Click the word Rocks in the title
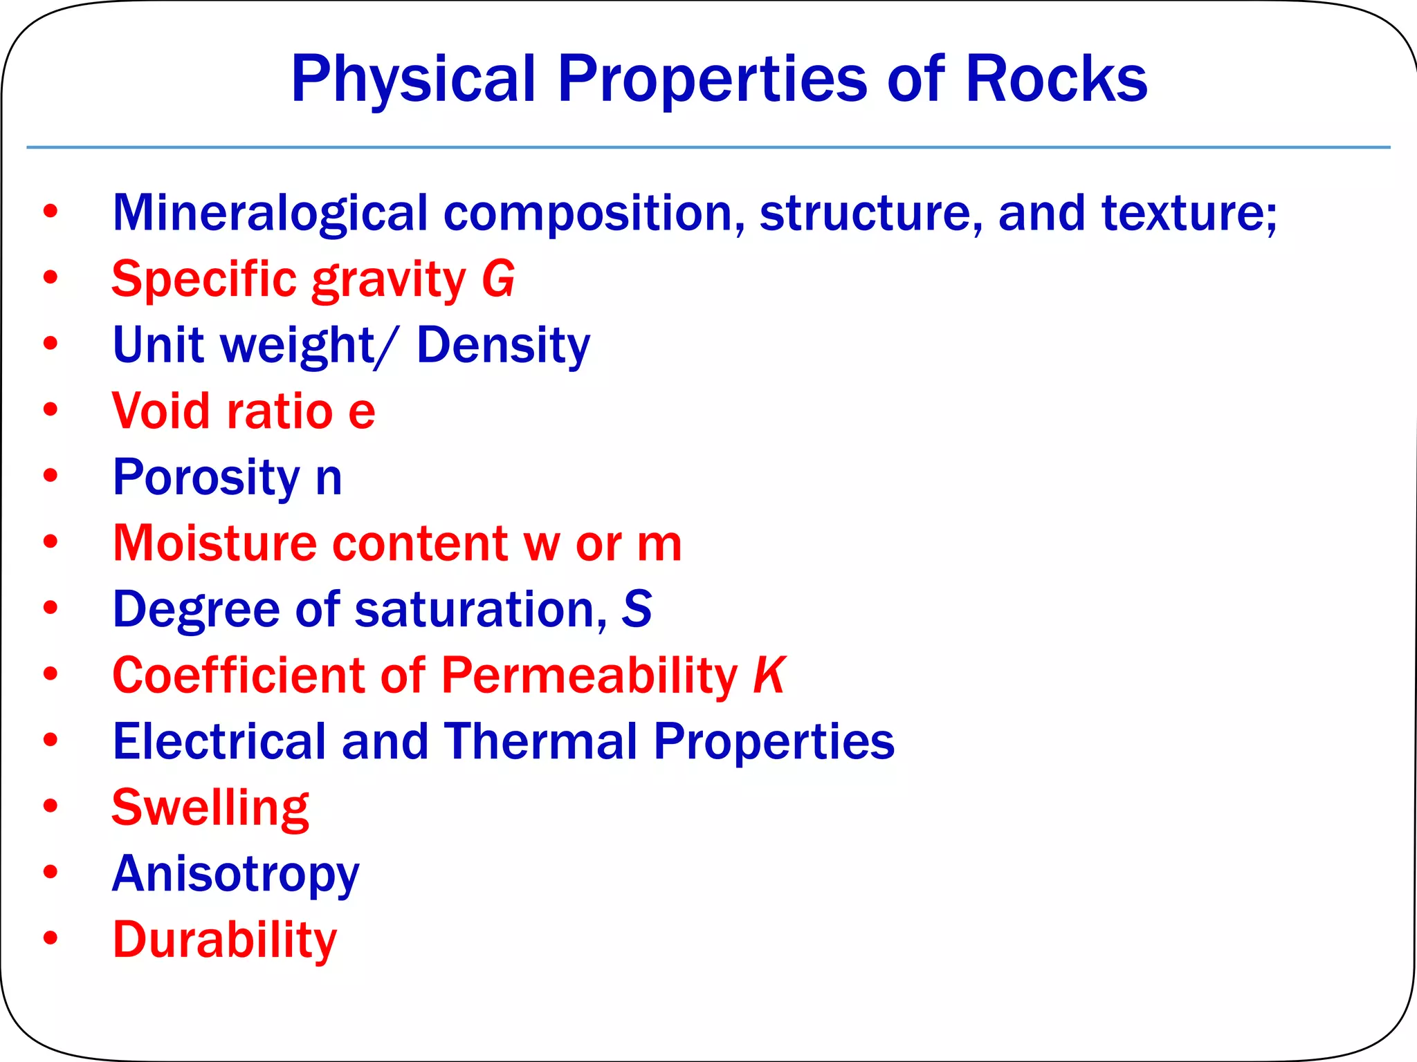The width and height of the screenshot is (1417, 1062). click(x=1056, y=79)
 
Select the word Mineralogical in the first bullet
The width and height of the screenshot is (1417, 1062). click(x=270, y=213)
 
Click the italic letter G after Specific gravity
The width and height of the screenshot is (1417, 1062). click(x=498, y=279)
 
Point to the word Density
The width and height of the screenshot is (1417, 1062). click(x=503, y=345)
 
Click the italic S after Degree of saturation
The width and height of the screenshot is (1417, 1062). click(x=637, y=609)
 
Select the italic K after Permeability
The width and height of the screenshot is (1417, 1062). click(x=769, y=675)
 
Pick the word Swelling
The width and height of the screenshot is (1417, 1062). click(x=210, y=808)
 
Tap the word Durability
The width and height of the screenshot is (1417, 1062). click(x=225, y=940)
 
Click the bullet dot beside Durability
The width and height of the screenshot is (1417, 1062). click(x=51, y=938)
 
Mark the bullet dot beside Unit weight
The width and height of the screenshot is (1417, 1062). click(x=51, y=343)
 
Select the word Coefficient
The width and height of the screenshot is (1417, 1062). click(x=238, y=675)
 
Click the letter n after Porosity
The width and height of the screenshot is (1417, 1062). click(x=329, y=478)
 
